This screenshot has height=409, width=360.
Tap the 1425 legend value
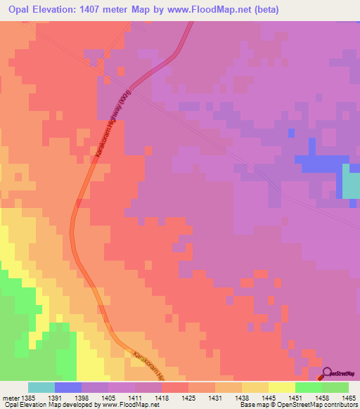pos(188,398)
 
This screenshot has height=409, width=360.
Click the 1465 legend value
pos(348,398)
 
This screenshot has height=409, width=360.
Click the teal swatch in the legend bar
pos(41,387)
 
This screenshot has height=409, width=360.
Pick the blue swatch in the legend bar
pos(68,387)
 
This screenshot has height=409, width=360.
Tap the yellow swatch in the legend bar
pos(281,387)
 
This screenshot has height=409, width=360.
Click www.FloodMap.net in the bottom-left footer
pos(130,405)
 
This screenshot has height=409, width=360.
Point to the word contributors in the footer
pos(341,405)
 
